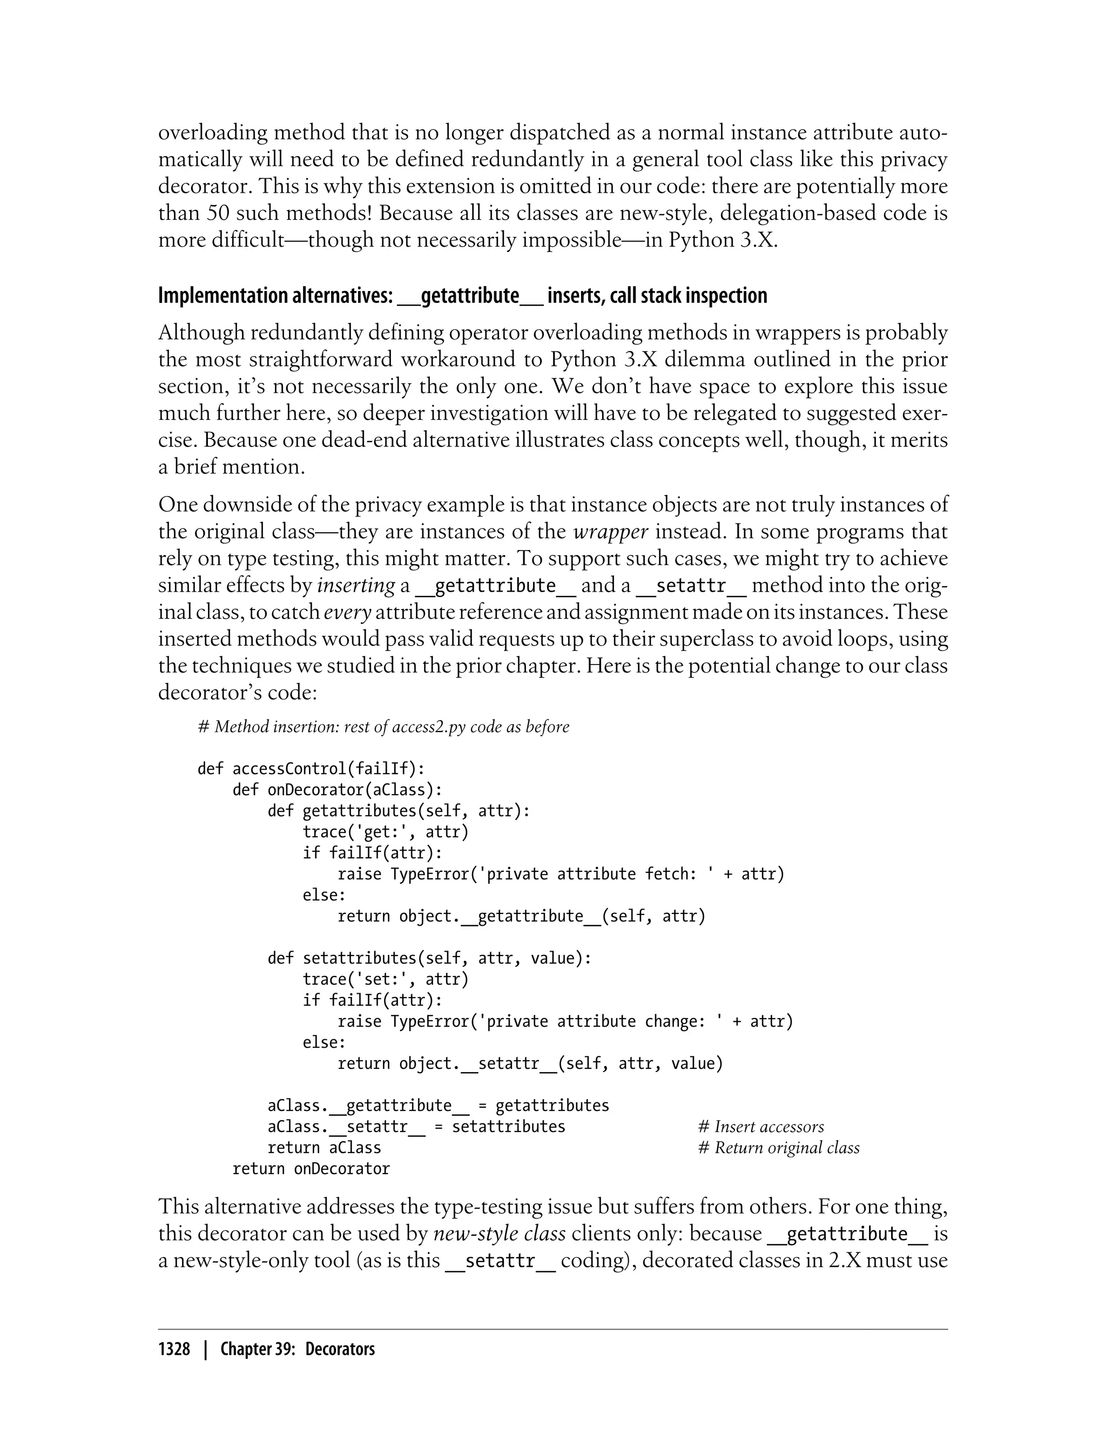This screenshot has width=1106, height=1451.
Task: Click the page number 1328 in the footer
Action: point(174,1349)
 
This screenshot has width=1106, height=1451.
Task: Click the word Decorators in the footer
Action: point(340,1349)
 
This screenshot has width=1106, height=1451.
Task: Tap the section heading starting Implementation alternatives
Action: point(462,295)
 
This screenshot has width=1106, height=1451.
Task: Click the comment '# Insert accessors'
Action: point(760,1127)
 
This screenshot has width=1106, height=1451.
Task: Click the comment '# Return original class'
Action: point(778,1148)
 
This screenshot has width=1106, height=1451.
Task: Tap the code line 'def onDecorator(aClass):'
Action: point(337,790)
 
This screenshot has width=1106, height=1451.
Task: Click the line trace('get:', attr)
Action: point(385,832)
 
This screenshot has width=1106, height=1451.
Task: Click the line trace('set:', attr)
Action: point(385,979)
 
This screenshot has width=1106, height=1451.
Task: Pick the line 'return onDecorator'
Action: point(311,1169)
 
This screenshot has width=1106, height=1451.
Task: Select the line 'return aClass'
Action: point(324,1148)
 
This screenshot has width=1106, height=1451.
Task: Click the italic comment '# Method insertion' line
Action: point(383,727)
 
